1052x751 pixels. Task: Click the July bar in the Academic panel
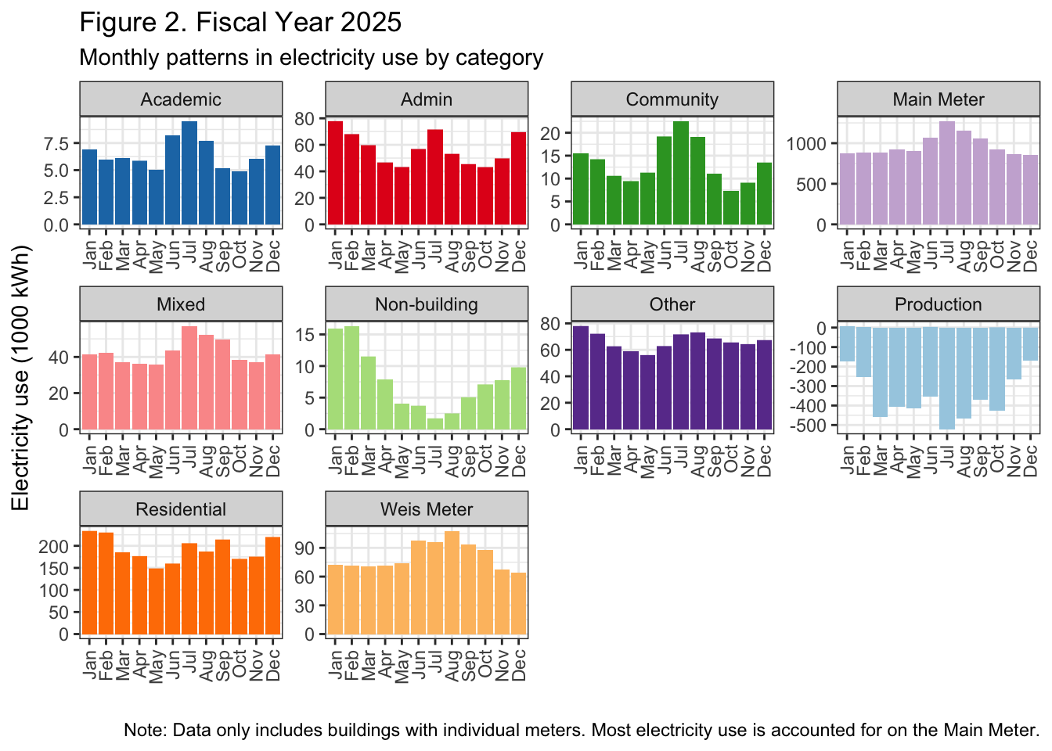tap(189, 173)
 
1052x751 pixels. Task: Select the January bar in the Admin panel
tap(335, 173)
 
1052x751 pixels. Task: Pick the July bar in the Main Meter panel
tap(947, 173)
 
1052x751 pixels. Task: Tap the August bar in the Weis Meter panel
tap(452, 583)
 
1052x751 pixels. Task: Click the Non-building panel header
tap(427, 304)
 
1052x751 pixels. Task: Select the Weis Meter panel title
tap(427, 509)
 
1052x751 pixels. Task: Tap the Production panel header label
tap(939, 304)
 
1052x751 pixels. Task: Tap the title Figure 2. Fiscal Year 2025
tap(240, 22)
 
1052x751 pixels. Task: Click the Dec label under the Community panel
tap(765, 255)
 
